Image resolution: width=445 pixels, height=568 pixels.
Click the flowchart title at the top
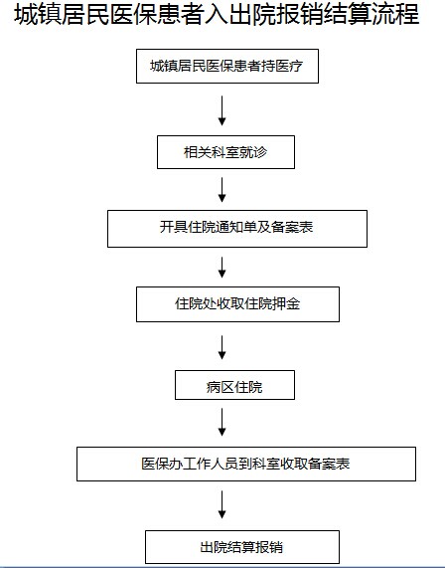(x=217, y=15)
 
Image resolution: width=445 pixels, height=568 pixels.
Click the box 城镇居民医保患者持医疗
(x=227, y=67)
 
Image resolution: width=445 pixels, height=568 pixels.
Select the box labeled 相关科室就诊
(x=225, y=152)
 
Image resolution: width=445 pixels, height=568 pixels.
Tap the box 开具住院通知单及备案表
(x=237, y=229)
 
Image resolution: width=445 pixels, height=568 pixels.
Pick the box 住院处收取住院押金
(x=237, y=304)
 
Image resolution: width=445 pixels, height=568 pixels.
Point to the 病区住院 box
(x=234, y=385)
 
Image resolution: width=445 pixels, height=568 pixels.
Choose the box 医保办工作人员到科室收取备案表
(x=246, y=464)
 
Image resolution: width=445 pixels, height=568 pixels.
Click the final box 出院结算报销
(x=242, y=547)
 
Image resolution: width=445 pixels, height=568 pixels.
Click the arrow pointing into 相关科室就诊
(x=222, y=110)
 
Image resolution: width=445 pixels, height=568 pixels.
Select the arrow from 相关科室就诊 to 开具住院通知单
(x=222, y=189)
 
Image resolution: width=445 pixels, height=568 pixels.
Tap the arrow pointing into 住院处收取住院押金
(x=222, y=268)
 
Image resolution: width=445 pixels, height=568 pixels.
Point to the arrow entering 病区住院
(x=222, y=347)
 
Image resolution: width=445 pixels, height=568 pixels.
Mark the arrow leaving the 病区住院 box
(x=222, y=422)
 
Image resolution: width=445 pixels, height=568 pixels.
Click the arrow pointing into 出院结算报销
(x=222, y=504)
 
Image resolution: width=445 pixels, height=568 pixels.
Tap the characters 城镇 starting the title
(x=38, y=15)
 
